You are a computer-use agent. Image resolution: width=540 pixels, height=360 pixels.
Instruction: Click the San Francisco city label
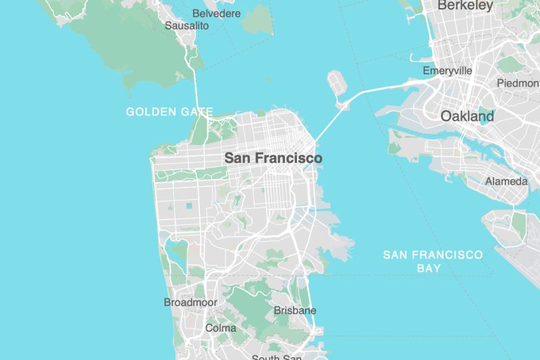tap(273, 158)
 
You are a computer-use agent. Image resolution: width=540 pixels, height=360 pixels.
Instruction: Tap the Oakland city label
tap(467, 116)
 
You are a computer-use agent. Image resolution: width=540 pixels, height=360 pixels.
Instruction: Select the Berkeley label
tap(465, 6)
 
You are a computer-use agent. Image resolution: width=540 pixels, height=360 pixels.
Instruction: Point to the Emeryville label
tap(447, 71)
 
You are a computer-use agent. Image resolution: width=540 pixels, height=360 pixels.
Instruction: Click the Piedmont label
tap(518, 83)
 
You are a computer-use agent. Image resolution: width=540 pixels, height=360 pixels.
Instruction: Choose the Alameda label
tap(506, 182)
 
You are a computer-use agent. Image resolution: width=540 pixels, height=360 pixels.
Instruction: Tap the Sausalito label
tap(187, 26)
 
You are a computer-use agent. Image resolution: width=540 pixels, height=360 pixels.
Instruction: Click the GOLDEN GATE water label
tap(169, 111)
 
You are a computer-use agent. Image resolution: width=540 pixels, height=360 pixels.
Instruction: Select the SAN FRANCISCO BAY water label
tap(433, 261)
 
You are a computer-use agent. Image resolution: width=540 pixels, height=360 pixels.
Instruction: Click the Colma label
tap(221, 328)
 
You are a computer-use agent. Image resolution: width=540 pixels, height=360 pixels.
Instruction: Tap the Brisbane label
tap(295, 311)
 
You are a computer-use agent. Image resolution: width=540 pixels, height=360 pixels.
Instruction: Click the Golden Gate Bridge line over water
tap(197, 91)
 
